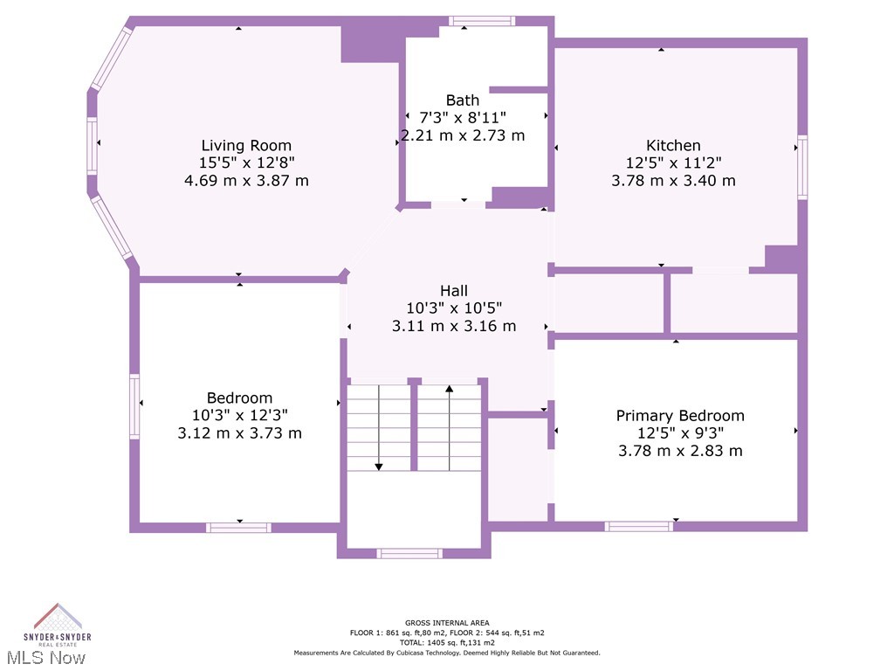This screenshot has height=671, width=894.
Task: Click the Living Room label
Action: click(x=246, y=145)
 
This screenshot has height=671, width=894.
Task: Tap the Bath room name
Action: click(x=462, y=100)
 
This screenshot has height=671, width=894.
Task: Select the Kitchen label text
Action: click(x=673, y=145)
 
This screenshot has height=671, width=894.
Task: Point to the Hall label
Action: click(x=454, y=290)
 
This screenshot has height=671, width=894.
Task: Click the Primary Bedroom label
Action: click(x=680, y=415)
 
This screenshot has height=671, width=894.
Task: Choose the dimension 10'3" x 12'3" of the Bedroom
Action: click(x=239, y=415)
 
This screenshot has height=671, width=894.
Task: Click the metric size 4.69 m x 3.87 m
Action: click(x=246, y=181)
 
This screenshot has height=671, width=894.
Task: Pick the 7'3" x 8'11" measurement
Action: click(x=462, y=117)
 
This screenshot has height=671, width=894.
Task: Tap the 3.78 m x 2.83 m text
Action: click(x=680, y=451)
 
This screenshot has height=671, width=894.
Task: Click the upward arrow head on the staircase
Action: click(x=450, y=389)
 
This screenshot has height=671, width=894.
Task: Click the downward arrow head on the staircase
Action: click(x=379, y=466)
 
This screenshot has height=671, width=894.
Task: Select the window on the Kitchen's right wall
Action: click(x=802, y=167)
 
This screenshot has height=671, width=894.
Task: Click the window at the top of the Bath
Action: click(x=482, y=21)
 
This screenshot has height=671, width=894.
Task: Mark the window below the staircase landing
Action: click(x=409, y=553)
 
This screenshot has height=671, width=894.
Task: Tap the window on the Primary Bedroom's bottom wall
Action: click(x=639, y=526)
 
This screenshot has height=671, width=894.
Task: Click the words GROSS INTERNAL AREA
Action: click(x=446, y=622)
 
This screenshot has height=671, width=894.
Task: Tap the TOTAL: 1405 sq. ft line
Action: click(x=446, y=642)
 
